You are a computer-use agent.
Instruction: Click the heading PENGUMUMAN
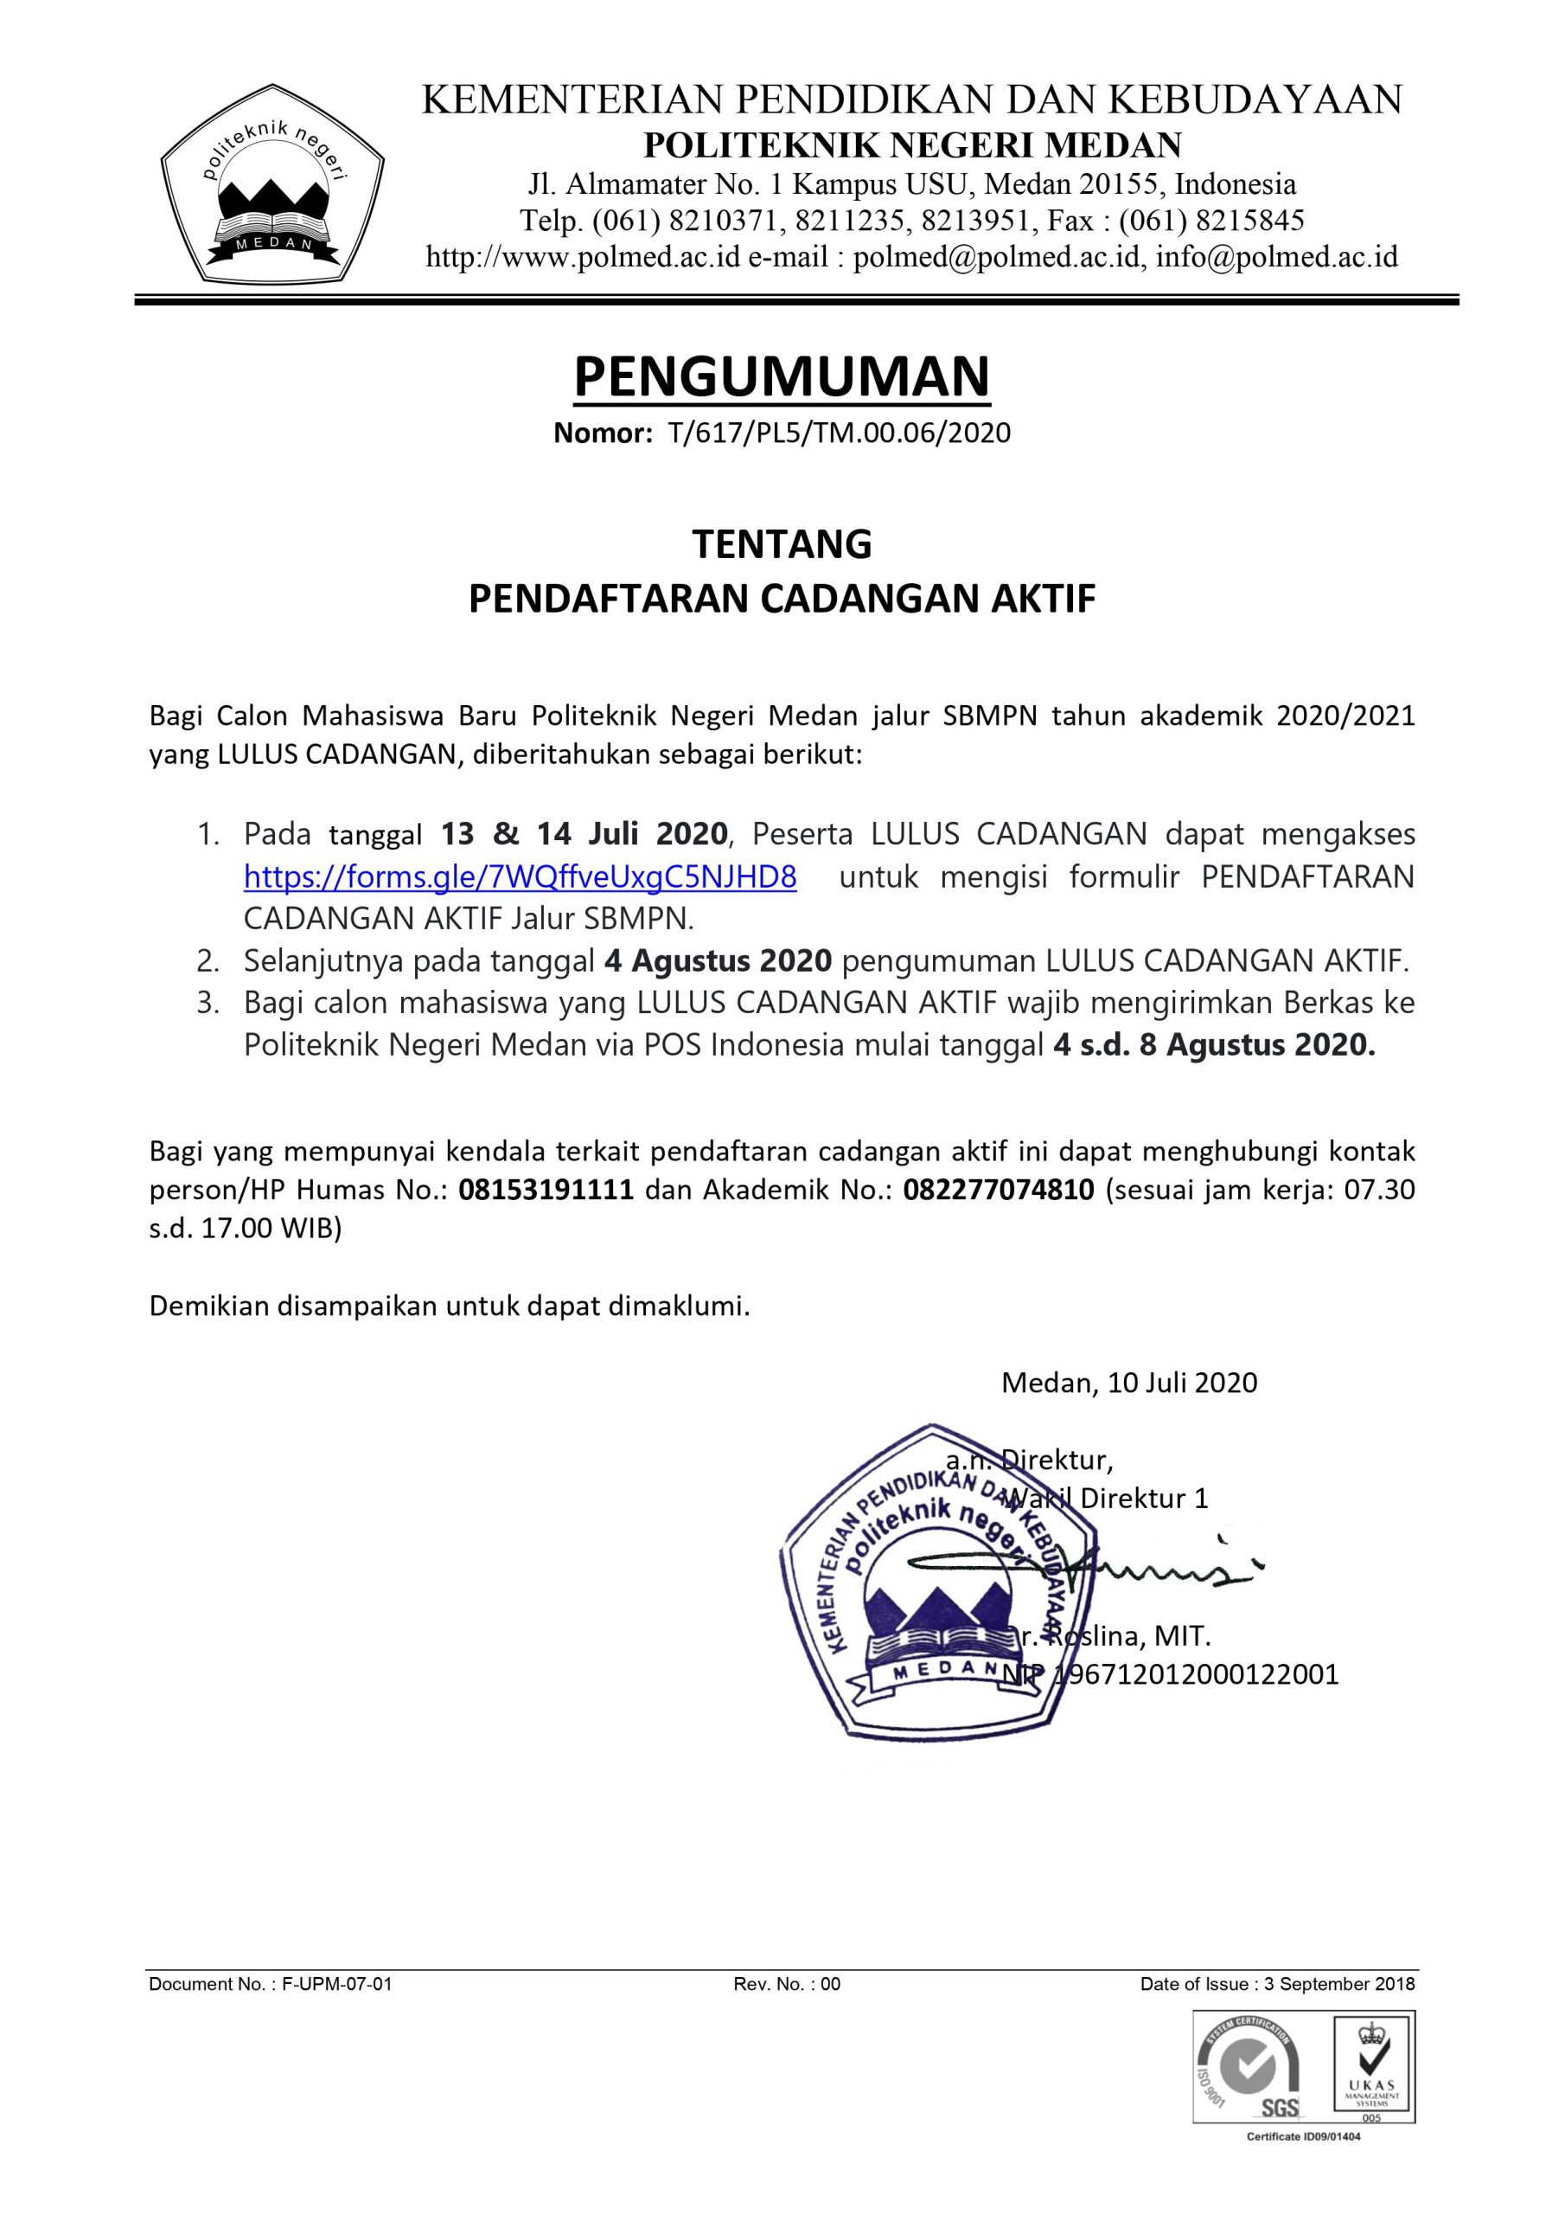click(781, 377)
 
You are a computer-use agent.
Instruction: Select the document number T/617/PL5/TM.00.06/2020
click(838, 433)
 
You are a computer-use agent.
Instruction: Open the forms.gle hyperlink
click(520, 877)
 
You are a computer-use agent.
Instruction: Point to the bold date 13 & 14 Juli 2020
click(584, 833)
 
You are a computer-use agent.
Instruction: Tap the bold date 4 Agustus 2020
click(718, 961)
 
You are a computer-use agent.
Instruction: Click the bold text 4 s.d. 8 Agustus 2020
click(1214, 1046)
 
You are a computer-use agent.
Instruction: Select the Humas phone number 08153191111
click(546, 1190)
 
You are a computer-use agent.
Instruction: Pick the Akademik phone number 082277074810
click(998, 1190)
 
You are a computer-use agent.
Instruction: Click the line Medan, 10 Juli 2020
click(1129, 1383)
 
